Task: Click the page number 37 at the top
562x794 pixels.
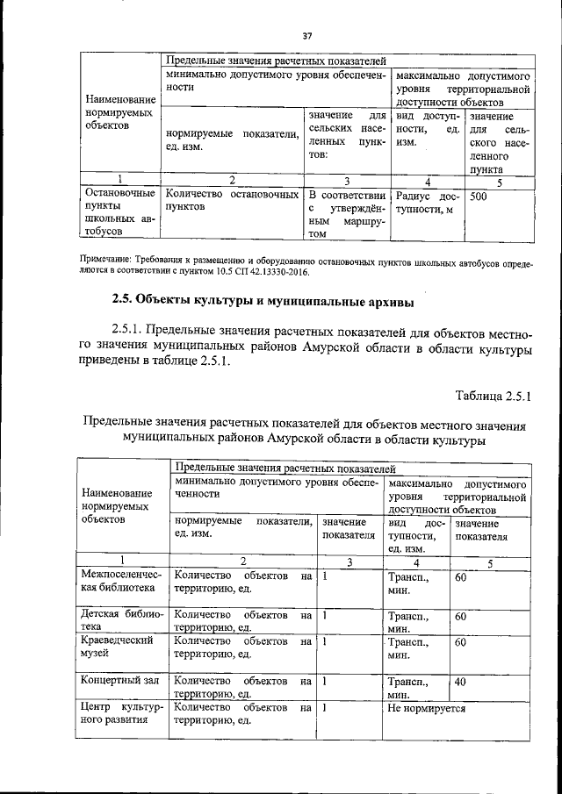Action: tap(306, 36)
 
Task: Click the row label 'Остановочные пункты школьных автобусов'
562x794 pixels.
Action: tap(119, 211)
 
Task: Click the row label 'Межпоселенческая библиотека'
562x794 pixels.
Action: tap(119, 583)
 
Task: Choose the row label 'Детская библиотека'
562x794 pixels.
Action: tap(119, 621)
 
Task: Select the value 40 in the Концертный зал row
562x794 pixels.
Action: tap(461, 681)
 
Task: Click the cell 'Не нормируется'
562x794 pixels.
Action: tap(427, 707)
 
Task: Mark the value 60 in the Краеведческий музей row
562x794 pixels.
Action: tap(461, 642)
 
